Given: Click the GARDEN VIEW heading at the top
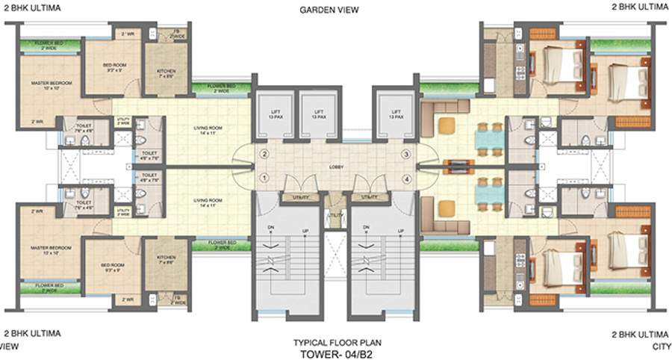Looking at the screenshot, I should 329,10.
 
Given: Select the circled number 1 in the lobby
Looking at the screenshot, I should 264,178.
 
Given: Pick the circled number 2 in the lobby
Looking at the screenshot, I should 264,155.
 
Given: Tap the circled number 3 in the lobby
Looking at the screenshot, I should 406,155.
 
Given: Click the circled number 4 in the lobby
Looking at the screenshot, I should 406,178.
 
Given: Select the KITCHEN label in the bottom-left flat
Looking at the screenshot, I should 166,258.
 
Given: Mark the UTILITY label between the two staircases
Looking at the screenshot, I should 335,216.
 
